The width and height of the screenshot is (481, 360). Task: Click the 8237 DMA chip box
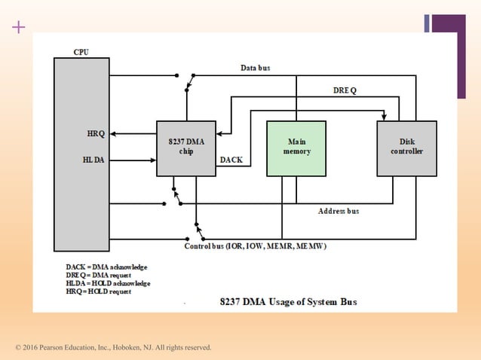click(186, 148)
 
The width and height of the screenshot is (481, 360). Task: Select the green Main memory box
click(296, 148)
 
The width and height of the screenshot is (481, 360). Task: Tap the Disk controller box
click(406, 148)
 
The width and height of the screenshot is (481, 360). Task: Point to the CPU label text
click(81, 52)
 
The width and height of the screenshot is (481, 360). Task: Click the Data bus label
click(255, 68)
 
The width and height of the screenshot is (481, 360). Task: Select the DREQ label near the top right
click(345, 90)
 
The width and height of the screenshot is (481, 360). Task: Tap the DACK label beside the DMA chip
click(231, 160)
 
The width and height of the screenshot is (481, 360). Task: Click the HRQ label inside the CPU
click(96, 134)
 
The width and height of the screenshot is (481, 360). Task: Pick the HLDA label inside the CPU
click(95, 160)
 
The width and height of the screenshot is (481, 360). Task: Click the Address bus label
click(339, 212)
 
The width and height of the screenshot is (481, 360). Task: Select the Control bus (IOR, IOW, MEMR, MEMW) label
click(256, 246)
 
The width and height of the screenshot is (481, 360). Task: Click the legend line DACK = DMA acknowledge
click(106, 267)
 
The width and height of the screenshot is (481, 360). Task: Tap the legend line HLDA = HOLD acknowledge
click(108, 283)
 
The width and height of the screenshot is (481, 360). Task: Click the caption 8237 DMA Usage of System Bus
click(288, 302)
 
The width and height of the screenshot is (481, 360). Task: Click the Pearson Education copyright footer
click(114, 347)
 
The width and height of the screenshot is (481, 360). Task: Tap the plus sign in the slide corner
click(19, 28)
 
